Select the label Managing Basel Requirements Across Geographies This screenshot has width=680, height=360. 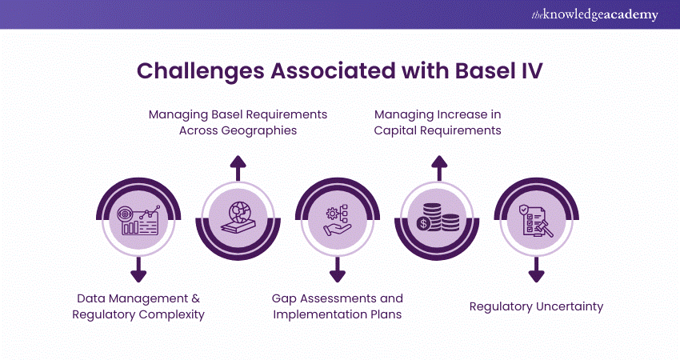(x=238, y=122)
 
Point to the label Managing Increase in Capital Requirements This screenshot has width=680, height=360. (x=438, y=122)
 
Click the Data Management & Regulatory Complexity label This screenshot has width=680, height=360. (x=138, y=306)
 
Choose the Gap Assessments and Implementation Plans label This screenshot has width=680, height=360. (x=337, y=306)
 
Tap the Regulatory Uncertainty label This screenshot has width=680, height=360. (x=536, y=306)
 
